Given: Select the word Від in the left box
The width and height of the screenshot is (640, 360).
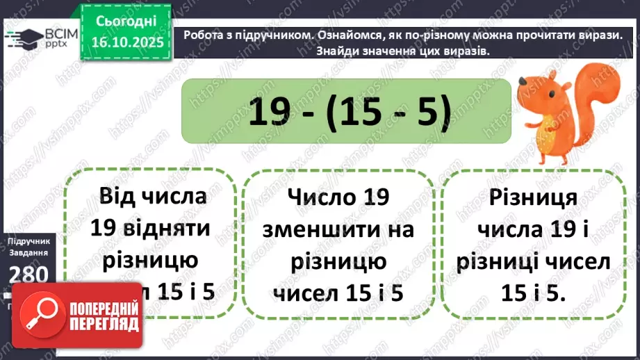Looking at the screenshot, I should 120,195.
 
